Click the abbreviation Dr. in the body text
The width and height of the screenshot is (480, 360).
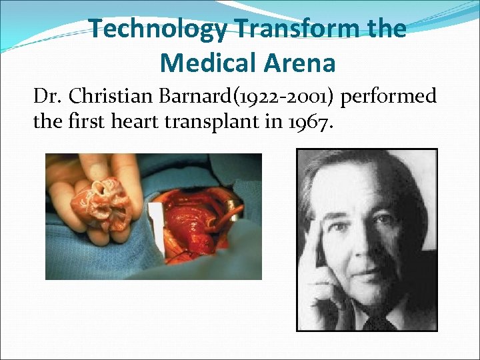pyautogui.click(x=47, y=97)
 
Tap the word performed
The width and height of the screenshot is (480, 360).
pyautogui.click(x=391, y=97)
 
